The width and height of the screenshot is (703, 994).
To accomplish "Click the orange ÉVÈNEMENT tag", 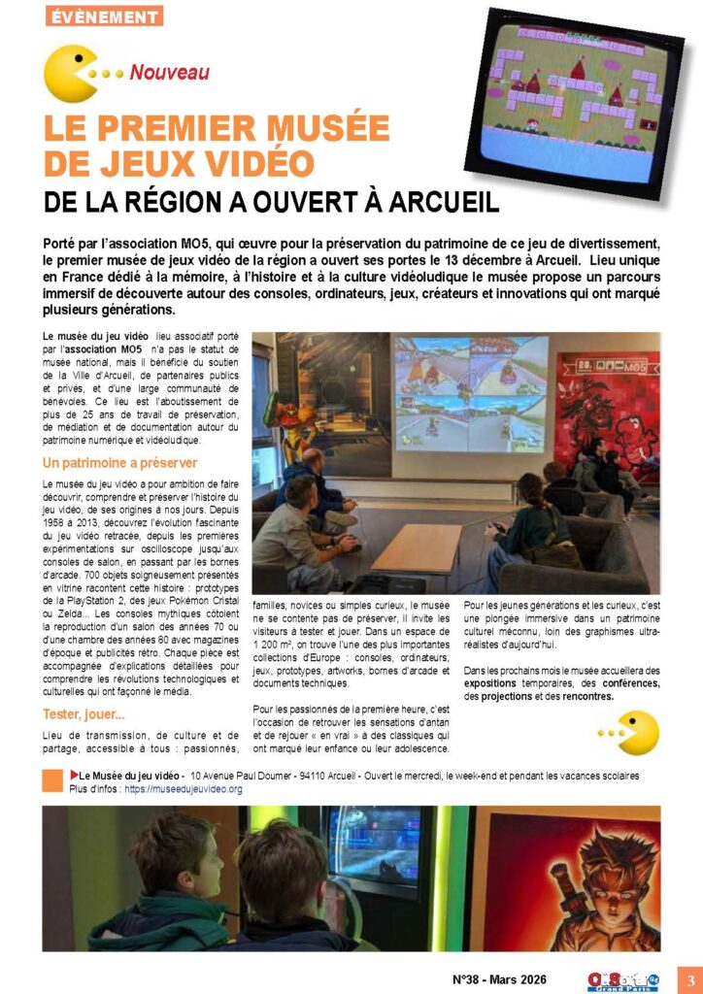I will (x=104, y=17).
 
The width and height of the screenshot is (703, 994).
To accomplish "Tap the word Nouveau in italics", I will (x=169, y=72).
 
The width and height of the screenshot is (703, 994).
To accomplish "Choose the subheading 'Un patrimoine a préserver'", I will (x=119, y=462).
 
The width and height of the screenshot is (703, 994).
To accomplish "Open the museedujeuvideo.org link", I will (x=184, y=789).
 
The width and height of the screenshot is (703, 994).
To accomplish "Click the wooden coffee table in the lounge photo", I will (x=417, y=549).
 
